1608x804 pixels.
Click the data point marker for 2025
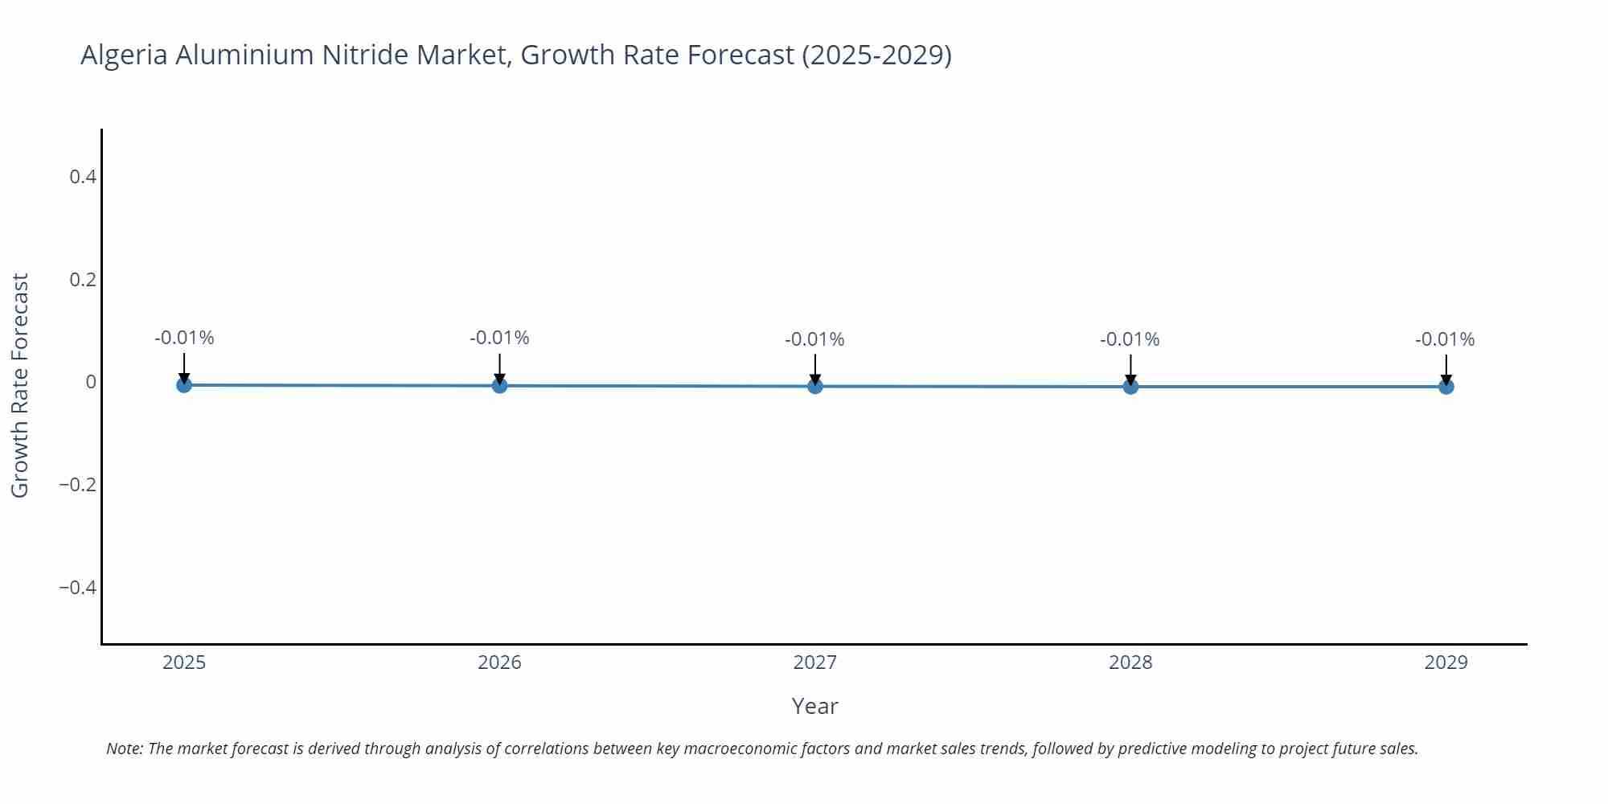[x=184, y=385]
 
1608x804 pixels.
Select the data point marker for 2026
[x=499, y=386]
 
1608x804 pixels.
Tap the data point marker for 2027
[x=815, y=387]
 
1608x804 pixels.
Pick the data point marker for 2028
[x=1130, y=387]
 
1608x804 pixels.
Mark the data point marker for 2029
[x=1446, y=387]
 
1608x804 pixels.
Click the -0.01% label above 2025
[x=184, y=338]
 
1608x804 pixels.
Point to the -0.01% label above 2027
[x=814, y=339]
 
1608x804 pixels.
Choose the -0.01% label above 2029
[x=1445, y=339]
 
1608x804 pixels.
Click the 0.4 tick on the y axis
[x=83, y=177]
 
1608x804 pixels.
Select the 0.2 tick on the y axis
[x=83, y=280]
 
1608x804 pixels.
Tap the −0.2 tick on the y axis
[x=77, y=485]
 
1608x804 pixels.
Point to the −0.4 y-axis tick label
[x=77, y=588]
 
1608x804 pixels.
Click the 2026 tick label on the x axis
[x=499, y=662]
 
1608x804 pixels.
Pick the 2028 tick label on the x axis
[x=1130, y=662]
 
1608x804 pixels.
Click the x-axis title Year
[x=814, y=706]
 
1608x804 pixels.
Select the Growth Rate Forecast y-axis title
[x=20, y=385]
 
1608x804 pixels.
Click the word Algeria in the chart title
[x=124, y=55]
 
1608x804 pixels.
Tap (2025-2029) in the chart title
[x=876, y=55]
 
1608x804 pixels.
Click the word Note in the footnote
[x=123, y=749]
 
